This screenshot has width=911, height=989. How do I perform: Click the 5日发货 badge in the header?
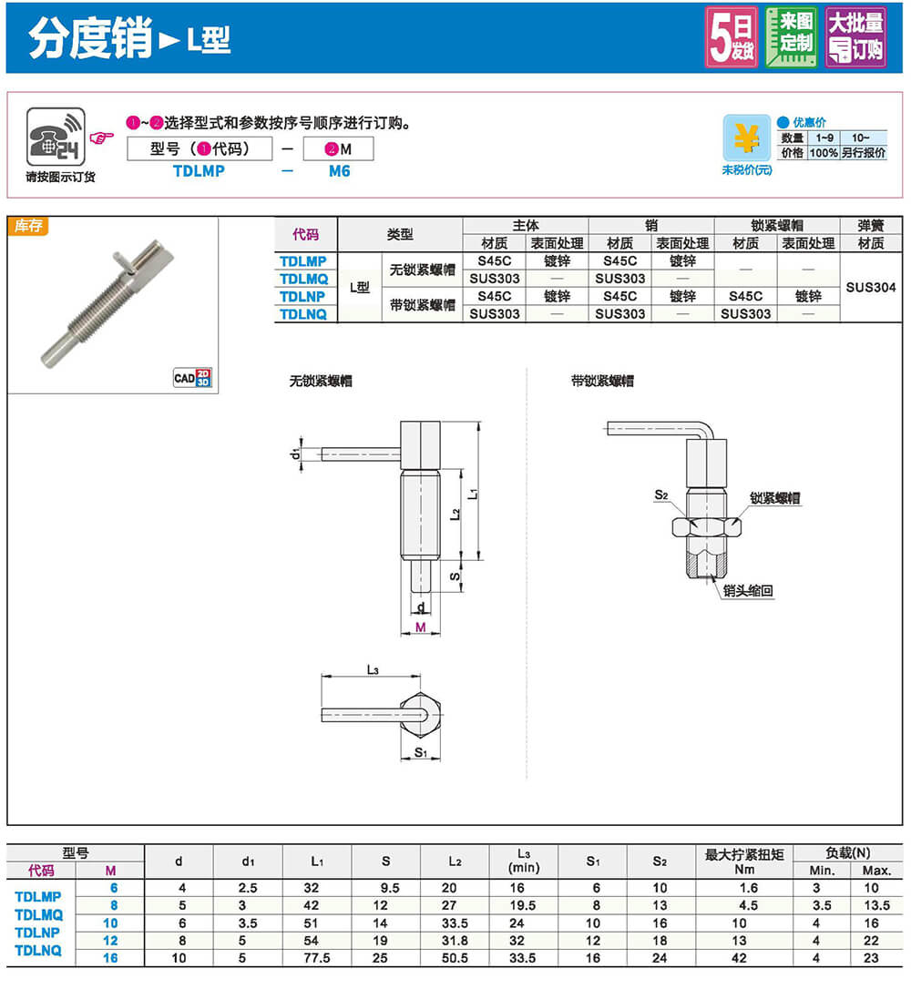tap(732, 37)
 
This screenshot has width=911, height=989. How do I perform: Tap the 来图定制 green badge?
tap(791, 37)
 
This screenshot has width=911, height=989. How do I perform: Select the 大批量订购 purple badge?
tap(855, 37)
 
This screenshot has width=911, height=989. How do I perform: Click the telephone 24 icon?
tap(56, 137)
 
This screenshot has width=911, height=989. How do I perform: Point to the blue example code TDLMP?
tap(199, 171)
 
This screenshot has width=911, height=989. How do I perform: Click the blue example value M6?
tap(340, 171)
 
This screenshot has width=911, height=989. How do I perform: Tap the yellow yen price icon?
tap(746, 138)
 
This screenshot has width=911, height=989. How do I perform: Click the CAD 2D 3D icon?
tap(192, 377)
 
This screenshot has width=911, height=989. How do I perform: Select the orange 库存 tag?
tap(27, 225)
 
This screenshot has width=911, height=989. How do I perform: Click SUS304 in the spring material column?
tap(871, 288)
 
